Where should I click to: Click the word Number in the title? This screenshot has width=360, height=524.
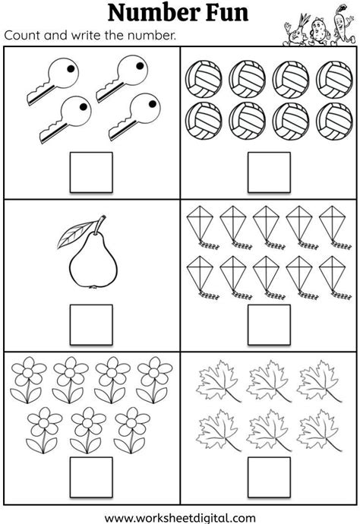150,13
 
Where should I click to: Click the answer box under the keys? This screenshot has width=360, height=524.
91,172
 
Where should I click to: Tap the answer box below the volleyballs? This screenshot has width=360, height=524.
269,172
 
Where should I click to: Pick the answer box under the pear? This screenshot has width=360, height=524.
91,325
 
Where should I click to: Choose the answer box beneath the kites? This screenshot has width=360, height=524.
269,325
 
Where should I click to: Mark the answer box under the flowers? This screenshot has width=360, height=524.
91,477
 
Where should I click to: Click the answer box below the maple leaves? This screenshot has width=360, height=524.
269,477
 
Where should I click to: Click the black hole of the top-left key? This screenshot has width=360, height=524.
71,68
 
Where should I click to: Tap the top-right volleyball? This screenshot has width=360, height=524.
334,79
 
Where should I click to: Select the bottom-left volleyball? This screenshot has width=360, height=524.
204,121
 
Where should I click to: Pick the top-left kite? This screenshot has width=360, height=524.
202,228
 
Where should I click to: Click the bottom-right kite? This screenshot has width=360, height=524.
334,278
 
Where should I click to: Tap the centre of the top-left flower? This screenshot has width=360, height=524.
29,372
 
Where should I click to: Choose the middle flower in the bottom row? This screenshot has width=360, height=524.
88,430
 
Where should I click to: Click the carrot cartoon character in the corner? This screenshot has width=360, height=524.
342,24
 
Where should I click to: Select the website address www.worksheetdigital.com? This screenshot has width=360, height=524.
180,519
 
